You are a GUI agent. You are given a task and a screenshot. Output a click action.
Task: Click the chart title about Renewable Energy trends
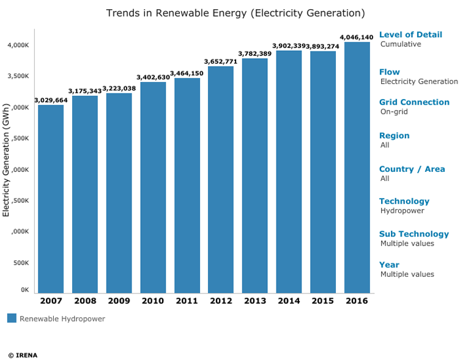236,13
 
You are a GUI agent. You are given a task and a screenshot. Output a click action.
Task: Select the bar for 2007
51,199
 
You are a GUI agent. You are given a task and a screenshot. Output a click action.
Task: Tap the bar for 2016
357,168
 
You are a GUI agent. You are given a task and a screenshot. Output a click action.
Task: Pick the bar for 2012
221,180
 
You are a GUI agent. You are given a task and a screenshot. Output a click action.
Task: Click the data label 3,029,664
51,100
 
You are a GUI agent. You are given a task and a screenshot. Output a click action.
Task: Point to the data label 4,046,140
357,37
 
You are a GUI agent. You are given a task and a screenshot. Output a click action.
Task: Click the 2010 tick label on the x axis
153,301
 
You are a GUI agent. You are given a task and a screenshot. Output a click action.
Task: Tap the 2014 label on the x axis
289,301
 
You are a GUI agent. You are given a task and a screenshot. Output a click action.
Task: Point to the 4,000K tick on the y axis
18,45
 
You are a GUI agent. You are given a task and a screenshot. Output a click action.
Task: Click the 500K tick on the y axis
21,263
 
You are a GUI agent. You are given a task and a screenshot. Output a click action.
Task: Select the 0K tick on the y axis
24,290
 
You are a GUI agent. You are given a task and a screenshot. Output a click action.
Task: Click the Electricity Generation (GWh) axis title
6,160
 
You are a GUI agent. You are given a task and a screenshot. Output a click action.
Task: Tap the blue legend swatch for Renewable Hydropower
12,318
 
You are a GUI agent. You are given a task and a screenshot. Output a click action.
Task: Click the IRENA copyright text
23,355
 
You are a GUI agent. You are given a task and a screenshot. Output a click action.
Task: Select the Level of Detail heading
410,35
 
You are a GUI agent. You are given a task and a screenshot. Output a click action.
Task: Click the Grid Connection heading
414,102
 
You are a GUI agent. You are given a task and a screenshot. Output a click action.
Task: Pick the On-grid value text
394,112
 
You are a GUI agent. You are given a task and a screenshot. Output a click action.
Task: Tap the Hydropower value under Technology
402,211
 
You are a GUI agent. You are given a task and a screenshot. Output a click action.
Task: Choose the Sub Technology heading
414,234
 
